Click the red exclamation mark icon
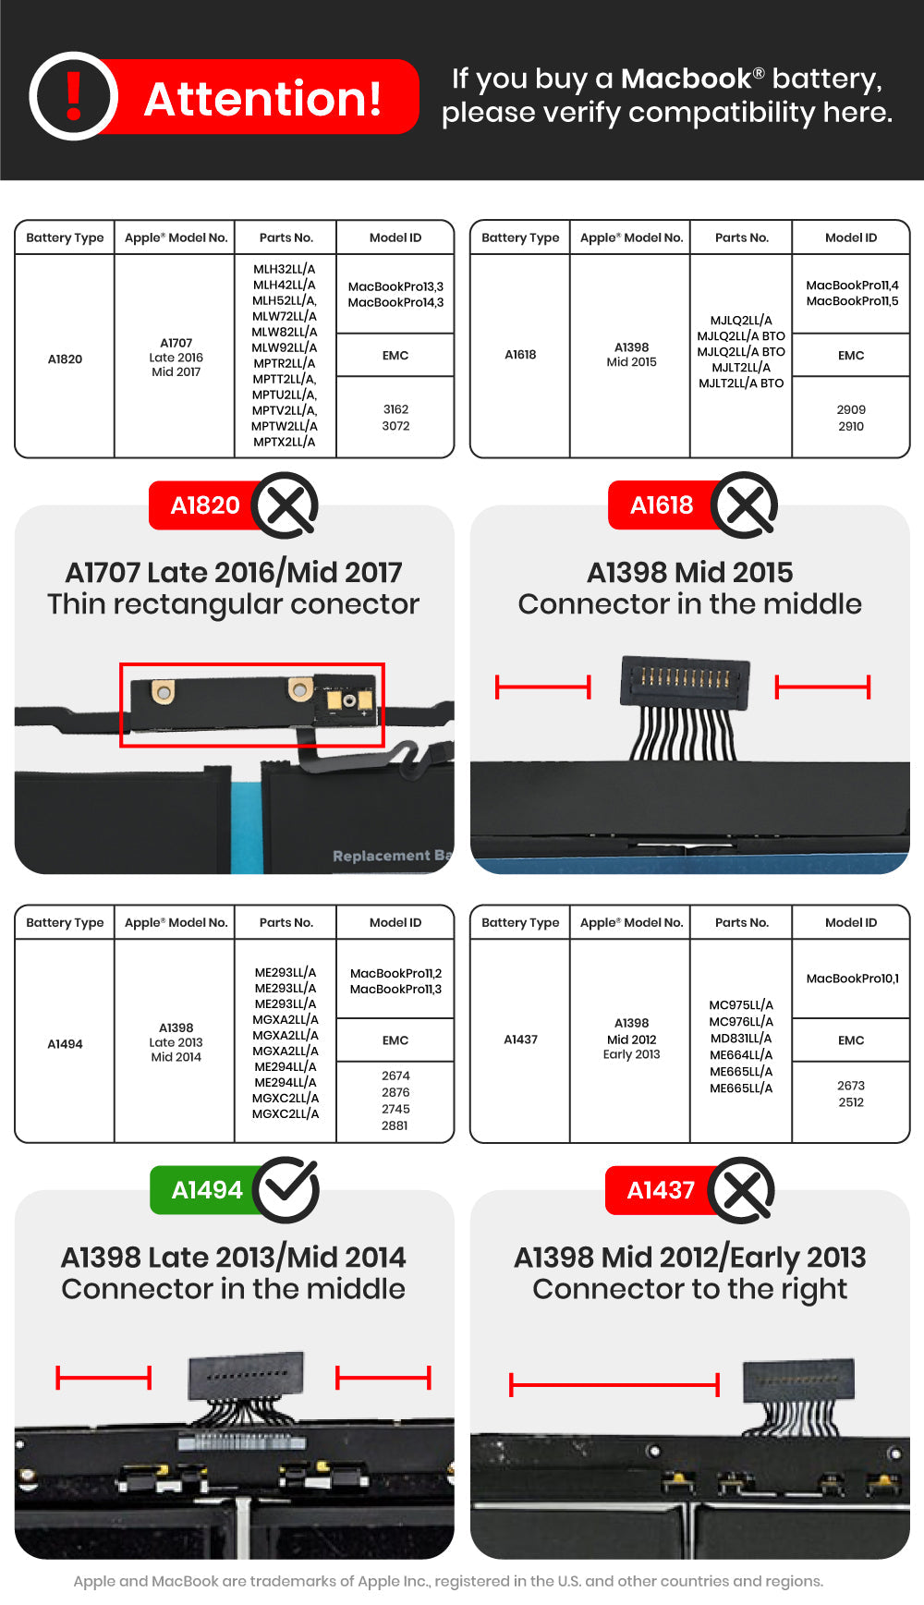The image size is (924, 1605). (x=74, y=96)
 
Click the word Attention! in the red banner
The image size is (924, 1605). (x=263, y=99)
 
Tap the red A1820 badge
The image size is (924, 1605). (x=204, y=505)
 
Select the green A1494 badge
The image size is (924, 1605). (x=206, y=1190)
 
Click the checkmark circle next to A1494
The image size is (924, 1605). (x=286, y=1190)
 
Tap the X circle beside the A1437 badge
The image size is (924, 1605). (x=743, y=1190)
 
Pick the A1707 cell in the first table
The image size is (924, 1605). (x=176, y=343)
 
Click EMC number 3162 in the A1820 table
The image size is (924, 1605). (x=395, y=409)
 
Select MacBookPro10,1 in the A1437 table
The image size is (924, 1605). (x=852, y=979)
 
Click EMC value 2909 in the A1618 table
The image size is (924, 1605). (x=851, y=409)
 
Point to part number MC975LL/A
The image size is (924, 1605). (x=741, y=1005)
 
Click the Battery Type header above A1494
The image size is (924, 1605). (x=65, y=922)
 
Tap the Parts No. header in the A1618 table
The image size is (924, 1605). (x=741, y=237)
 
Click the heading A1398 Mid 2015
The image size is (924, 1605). (x=689, y=572)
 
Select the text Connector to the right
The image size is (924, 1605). (x=689, y=1289)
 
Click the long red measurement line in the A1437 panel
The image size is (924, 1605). (x=614, y=1384)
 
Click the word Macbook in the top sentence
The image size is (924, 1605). (x=686, y=79)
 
